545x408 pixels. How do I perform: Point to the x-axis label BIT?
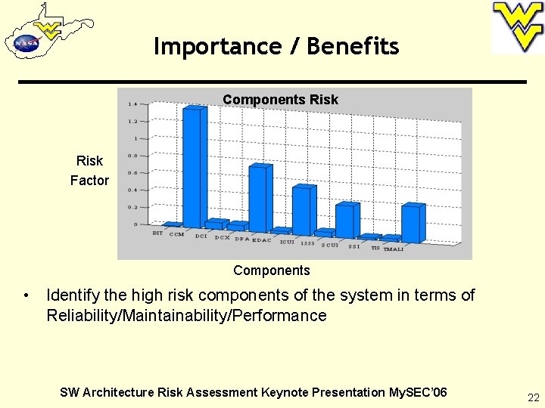click(x=157, y=233)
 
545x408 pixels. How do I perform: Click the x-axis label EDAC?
click(x=261, y=240)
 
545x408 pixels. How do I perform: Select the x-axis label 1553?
click(x=307, y=243)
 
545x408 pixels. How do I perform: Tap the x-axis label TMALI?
click(x=394, y=249)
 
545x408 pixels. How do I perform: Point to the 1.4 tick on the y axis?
click(x=132, y=104)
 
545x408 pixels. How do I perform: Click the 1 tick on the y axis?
click(x=135, y=138)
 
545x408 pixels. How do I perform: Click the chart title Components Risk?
click(x=280, y=100)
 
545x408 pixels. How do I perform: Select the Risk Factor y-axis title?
click(x=89, y=171)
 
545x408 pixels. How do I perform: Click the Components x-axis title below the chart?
click(x=272, y=270)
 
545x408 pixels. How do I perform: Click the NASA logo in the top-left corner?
click(x=26, y=43)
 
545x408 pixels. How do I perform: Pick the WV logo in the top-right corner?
click(x=518, y=27)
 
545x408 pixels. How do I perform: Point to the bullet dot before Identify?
click(x=26, y=295)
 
